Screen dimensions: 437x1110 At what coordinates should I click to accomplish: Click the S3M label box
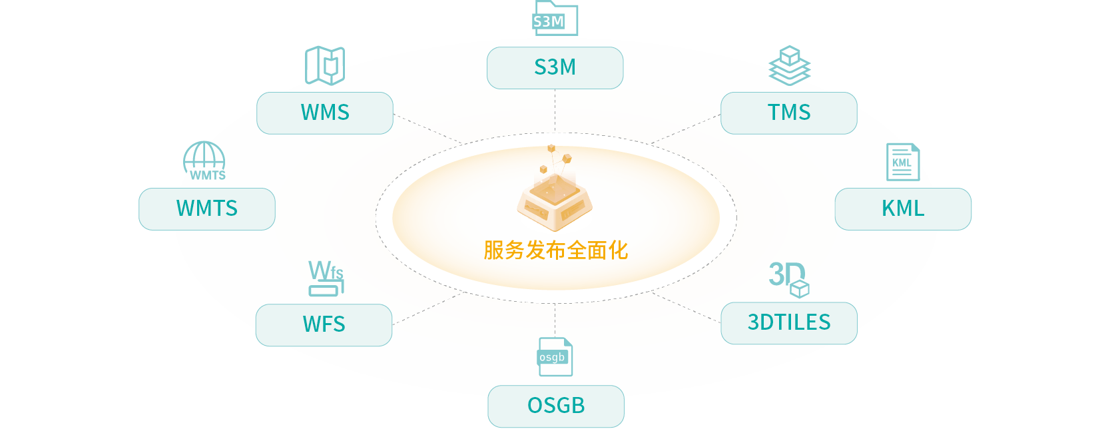555,68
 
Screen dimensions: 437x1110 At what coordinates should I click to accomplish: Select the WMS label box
325,113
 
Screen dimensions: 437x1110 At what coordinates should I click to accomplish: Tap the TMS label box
788,113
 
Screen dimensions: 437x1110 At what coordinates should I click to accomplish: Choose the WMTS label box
207,209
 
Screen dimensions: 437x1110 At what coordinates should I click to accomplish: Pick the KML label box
903,209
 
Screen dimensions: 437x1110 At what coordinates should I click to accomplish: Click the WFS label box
324,324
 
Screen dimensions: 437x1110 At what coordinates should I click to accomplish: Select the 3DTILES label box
788,322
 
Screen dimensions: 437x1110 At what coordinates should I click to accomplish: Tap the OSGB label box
556,406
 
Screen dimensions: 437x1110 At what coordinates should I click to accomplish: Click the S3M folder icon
555,19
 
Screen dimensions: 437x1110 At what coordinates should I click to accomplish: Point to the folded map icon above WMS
325,65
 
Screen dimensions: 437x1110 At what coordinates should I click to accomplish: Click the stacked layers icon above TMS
790,65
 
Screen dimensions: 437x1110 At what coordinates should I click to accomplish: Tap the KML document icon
903,162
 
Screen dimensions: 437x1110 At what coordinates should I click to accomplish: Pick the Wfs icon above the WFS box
326,278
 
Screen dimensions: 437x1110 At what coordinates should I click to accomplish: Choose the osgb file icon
555,357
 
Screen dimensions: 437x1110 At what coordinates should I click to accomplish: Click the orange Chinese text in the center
556,250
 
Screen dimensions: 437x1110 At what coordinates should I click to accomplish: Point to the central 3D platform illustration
555,190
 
